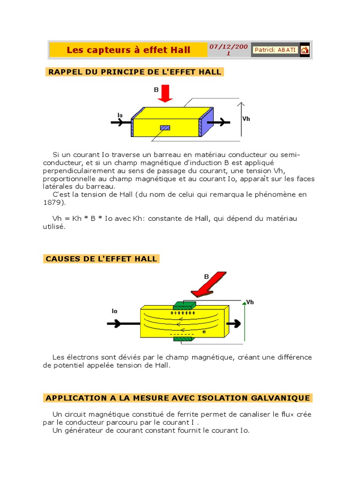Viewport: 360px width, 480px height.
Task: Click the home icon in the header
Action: click(x=305, y=50)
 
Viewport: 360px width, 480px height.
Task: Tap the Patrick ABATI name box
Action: click(x=275, y=50)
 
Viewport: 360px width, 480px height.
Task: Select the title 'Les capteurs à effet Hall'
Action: click(x=128, y=50)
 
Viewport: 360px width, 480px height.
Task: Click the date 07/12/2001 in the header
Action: click(x=228, y=50)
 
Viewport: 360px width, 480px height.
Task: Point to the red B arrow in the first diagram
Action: click(x=165, y=93)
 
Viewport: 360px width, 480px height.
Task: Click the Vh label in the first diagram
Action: click(x=246, y=119)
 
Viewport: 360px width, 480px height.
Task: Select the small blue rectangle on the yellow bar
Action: click(x=165, y=127)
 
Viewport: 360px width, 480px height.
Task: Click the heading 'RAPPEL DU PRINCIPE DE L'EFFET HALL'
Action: click(x=134, y=72)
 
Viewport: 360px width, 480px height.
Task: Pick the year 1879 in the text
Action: click(x=51, y=202)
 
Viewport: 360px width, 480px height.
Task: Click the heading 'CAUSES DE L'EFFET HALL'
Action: click(x=102, y=259)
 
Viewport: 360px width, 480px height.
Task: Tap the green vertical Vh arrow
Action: click(x=244, y=323)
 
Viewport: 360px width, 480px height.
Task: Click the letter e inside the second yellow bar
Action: click(x=204, y=331)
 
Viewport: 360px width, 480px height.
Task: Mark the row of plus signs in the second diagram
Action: click(x=182, y=312)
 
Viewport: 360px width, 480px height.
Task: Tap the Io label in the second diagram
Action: click(x=114, y=311)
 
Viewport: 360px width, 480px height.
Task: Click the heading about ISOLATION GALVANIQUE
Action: click(x=178, y=398)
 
